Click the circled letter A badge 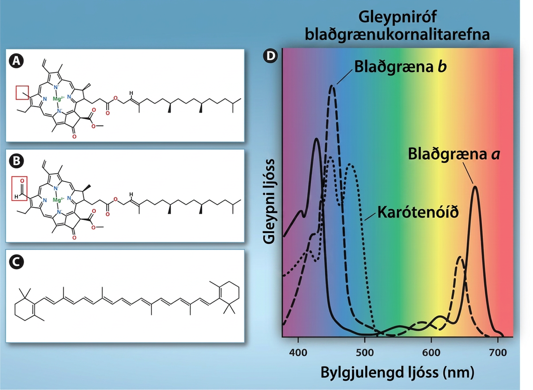point(16,61)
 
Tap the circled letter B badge point(16,161)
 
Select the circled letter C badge point(16,262)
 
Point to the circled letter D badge point(270,56)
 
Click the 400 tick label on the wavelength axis point(298,352)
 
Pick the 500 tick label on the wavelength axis point(365,352)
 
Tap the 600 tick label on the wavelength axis point(431,352)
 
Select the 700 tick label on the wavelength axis point(498,352)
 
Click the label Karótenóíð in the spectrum point(418,211)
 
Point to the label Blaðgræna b point(400,67)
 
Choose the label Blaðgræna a point(454,154)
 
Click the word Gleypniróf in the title point(398,17)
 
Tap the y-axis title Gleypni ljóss point(270,202)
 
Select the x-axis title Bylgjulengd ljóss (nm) point(398,373)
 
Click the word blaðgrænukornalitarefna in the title point(398,35)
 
